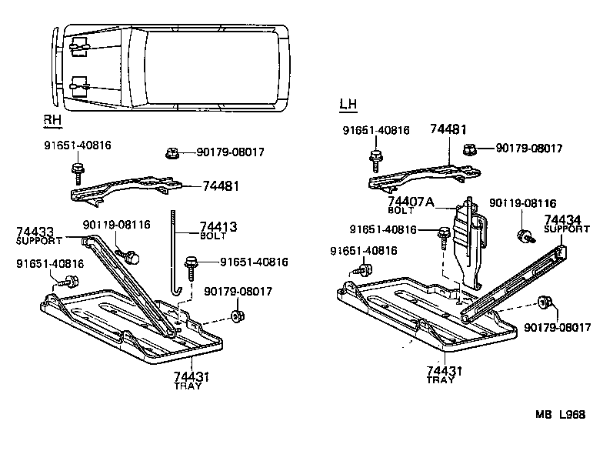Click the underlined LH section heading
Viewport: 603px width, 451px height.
point(348,104)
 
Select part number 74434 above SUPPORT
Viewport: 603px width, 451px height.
point(561,219)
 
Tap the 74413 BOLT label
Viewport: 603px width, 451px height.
point(218,228)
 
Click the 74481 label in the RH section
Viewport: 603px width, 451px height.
point(222,186)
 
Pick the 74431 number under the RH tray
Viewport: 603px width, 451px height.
point(191,376)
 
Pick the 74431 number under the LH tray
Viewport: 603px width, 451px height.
point(445,371)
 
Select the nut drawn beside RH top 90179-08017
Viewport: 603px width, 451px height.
point(172,153)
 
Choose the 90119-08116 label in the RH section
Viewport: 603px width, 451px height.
point(116,224)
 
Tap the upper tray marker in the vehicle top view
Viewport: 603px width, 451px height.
point(77,48)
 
